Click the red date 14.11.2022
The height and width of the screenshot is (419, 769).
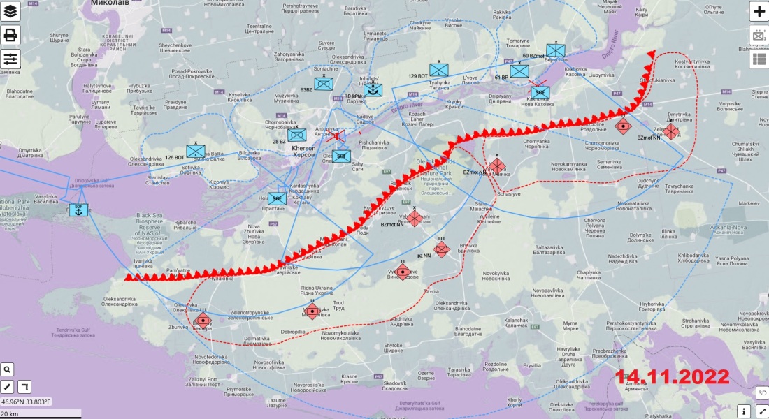tap(673, 377)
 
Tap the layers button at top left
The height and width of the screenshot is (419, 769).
tap(10, 11)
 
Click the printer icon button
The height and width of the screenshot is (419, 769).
tap(10, 35)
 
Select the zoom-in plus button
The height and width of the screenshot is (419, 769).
tap(759, 11)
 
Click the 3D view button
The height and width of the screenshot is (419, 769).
tap(761, 393)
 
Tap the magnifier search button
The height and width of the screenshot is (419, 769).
tap(7, 369)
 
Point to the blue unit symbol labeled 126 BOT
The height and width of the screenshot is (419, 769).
tap(196, 151)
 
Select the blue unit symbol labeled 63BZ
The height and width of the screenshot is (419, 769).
tap(323, 84)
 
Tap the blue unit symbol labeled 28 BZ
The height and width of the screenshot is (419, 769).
tap(297, 135)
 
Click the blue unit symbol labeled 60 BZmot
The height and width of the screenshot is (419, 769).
tap(556, 50)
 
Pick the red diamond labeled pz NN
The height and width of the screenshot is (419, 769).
tap(441, 249)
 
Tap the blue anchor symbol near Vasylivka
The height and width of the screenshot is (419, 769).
tap(78, 209)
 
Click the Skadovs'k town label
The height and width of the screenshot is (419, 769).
tap(395, 383)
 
